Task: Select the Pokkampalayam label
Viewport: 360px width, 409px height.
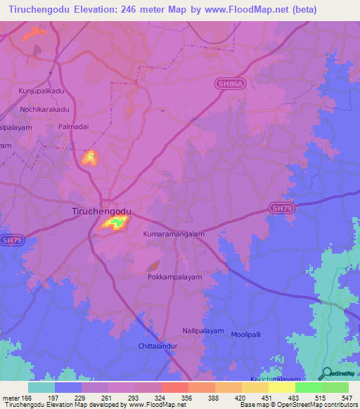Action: (174, 277)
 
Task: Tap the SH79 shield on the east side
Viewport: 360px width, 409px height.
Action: (281, 209)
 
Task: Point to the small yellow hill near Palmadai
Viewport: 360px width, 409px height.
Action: (89, 157)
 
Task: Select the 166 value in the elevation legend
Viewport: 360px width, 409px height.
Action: (27, 397)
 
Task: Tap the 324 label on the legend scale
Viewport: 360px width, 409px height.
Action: (160, 397)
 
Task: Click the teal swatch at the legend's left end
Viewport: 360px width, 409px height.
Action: (41, 387)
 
